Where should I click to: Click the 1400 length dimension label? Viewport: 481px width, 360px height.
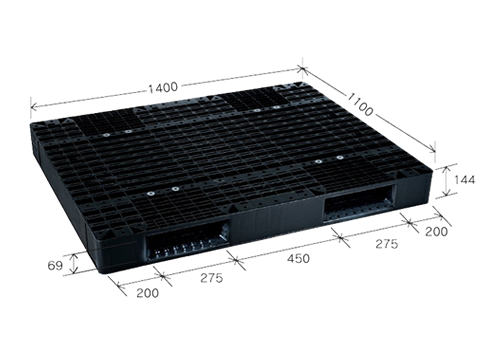point(163,87)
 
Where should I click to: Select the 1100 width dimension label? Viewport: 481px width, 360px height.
point(360,104)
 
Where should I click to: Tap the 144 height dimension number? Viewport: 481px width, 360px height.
point(465,180)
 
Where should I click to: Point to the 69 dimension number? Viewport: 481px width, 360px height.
point(55,266)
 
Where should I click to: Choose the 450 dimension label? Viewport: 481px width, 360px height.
point(298,259)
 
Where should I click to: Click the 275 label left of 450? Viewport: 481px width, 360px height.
point(211,278)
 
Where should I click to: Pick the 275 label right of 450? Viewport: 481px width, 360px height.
point(387,244)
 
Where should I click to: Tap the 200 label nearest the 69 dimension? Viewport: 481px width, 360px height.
point(148,293)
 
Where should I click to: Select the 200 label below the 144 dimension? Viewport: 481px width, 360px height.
point(436,231)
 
